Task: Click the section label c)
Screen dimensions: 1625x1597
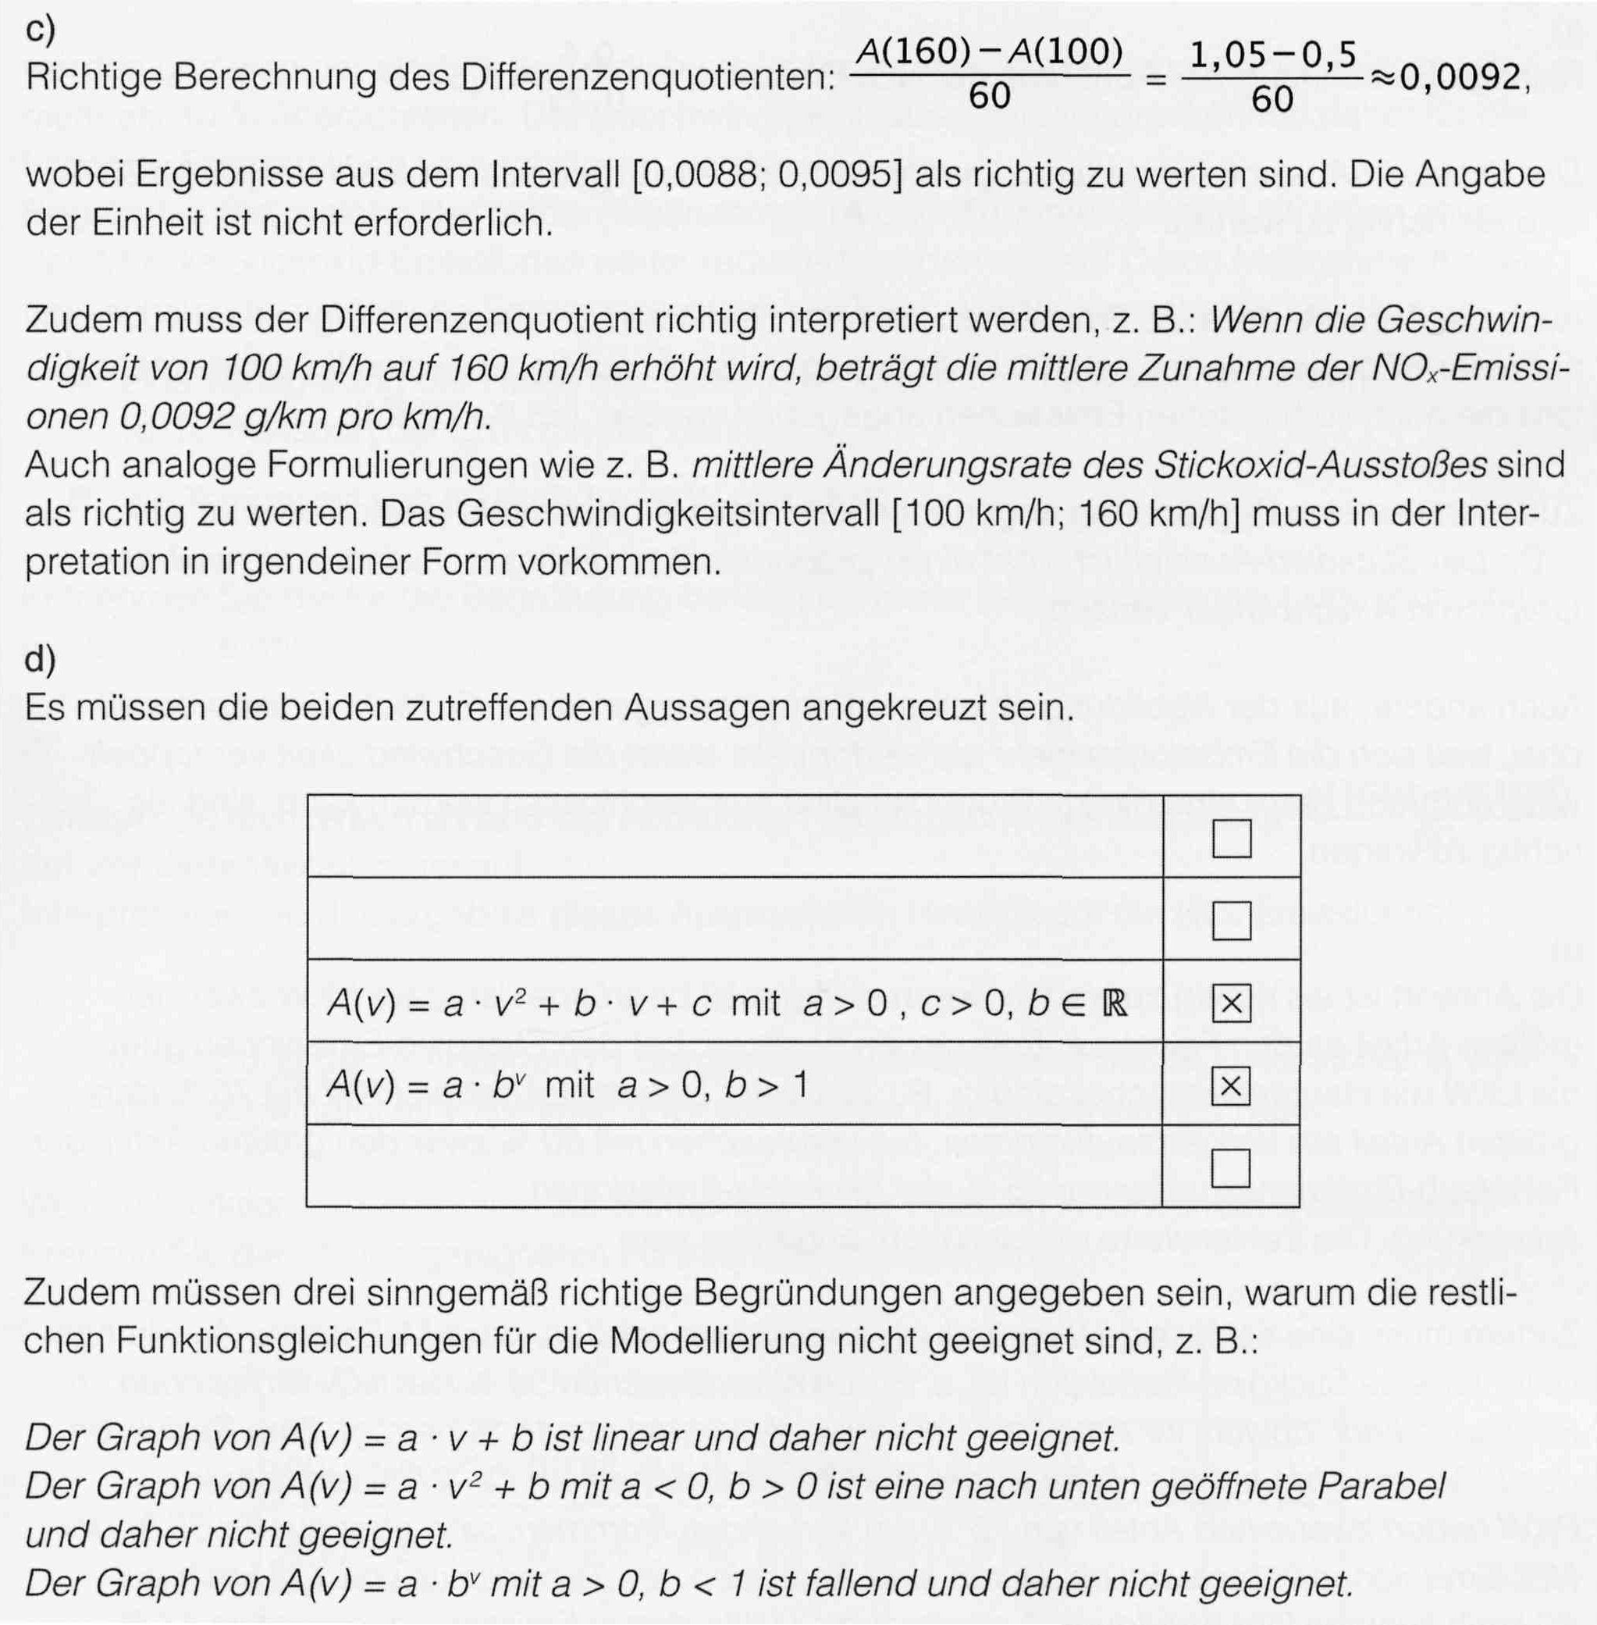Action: coord(41,31)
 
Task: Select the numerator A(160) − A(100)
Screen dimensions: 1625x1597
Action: coord(989,54)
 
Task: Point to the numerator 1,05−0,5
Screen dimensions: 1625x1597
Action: coord(1272,55)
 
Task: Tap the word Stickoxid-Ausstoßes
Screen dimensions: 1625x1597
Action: coord(1319,465)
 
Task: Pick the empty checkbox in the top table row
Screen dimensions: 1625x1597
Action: coord(1231,838)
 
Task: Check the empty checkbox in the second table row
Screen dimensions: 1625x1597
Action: coord(1231,921)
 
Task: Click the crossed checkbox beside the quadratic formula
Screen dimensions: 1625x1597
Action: coord(1231,1004)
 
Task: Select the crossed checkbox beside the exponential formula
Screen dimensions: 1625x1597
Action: coord(1231,1086)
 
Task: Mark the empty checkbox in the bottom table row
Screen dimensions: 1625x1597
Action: coord(1231,1167)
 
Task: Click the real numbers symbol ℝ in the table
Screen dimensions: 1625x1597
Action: coord(1114,1004)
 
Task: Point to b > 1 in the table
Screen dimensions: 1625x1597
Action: coord(766,1086)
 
